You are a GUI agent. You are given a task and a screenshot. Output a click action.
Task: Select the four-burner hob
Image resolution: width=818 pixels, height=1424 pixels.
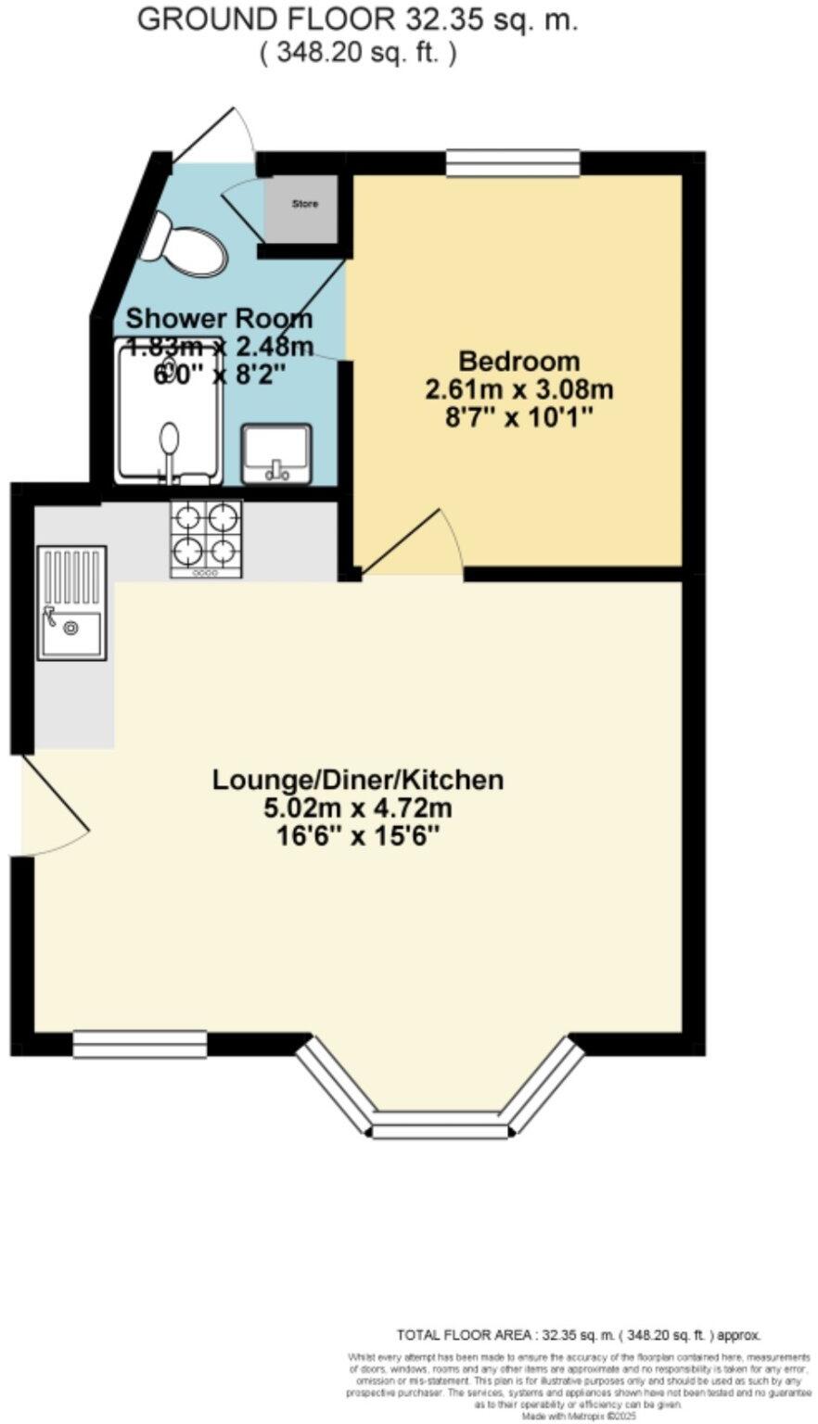[206, 538]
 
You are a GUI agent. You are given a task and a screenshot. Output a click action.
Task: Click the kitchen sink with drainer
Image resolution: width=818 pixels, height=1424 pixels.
[71, 603]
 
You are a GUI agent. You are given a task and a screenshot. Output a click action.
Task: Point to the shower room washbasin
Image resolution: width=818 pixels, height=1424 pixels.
[276, 453]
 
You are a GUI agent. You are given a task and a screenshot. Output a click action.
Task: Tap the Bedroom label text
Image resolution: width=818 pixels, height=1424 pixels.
[518, 360]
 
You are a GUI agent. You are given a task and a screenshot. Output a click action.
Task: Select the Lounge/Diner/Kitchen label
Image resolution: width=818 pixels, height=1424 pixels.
[358, 780]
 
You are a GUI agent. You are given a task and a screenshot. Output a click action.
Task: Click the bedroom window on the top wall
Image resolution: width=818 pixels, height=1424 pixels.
[513, 163]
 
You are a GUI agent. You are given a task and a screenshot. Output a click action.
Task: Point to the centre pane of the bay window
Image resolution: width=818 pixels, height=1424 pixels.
[441, 1130]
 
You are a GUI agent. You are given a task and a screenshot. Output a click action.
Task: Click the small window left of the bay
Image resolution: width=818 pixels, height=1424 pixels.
[140, 1044]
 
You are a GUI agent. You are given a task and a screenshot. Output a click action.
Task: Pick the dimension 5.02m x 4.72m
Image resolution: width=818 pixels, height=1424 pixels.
[358, 807]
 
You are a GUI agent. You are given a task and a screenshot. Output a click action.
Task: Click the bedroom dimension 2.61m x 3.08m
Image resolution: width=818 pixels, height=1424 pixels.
[518, 388]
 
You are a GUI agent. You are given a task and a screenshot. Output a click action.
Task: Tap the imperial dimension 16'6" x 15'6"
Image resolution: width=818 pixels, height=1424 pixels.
[358, 835]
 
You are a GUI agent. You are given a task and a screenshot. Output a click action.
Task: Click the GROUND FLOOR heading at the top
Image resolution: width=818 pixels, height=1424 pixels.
[357, 20]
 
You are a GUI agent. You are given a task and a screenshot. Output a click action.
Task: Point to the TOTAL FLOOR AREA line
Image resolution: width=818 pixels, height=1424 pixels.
[579, 1336]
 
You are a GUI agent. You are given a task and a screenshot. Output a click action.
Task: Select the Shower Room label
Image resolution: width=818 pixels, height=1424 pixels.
[219, 318]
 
